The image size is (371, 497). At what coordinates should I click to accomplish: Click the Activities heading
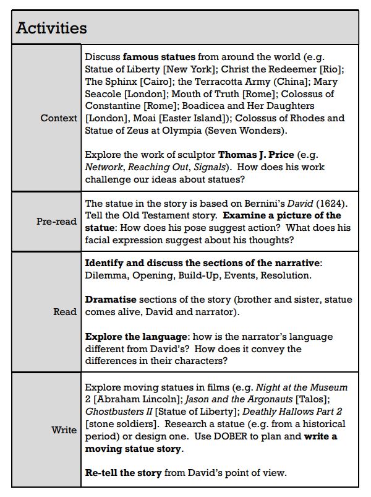51,28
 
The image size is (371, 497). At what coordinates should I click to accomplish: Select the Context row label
59,118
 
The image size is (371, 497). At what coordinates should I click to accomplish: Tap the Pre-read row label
56,221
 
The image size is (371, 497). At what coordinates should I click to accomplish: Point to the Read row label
65,312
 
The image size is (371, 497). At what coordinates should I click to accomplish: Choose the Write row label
64,430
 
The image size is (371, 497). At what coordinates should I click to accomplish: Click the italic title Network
104,167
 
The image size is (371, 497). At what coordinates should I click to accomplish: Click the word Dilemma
105,275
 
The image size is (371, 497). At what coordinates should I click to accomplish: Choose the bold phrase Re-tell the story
123,473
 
